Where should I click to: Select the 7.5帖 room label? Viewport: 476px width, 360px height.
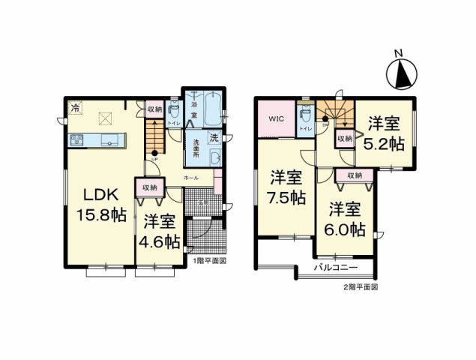(288, 188)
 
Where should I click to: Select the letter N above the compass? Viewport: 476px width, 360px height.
(400, 52)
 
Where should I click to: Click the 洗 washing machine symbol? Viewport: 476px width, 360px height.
(214, 138)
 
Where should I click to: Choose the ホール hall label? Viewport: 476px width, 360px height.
(190, 178)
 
